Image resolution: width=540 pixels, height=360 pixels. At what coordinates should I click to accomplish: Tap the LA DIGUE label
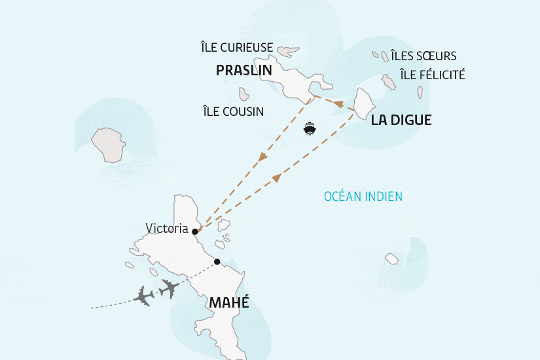[401, 121]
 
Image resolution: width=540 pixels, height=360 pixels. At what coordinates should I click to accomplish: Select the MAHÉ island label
[229, 302]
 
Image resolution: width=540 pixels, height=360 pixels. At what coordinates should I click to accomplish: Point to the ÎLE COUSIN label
[234, 112]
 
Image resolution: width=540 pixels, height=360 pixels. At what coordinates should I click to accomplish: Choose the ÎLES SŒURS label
[423, 56]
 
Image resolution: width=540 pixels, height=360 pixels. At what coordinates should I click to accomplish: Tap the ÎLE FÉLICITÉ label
[432, 75]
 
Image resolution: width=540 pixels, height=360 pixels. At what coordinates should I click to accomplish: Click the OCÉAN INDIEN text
[363, 196]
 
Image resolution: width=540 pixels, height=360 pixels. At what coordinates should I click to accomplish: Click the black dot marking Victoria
[195, 231]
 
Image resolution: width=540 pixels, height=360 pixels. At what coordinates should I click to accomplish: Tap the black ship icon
[310, 128]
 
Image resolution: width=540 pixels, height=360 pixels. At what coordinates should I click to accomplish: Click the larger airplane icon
[170, 287]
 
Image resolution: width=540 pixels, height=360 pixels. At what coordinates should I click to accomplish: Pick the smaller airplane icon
[143, 296]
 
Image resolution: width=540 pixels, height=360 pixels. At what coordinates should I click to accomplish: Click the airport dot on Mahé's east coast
[217, 262]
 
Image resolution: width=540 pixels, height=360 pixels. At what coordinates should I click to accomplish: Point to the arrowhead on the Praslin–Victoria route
[262, 157]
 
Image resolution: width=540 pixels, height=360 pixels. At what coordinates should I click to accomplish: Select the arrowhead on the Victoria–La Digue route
[276, 177]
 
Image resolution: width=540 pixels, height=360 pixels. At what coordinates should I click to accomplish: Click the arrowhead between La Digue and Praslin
[338, 103]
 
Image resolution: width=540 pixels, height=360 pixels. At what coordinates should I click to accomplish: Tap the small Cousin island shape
[244, 94]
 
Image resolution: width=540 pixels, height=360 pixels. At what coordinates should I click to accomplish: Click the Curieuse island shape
[288, 50]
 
